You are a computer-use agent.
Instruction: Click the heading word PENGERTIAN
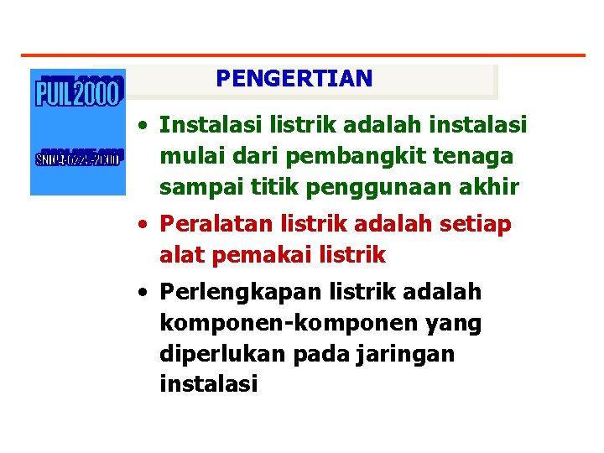(x=294, y=79)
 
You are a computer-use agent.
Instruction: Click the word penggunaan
(x=348, y=186)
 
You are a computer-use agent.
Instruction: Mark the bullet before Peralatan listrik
(x=146, y=226)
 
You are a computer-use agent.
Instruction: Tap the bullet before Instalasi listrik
(x=146, y=127)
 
